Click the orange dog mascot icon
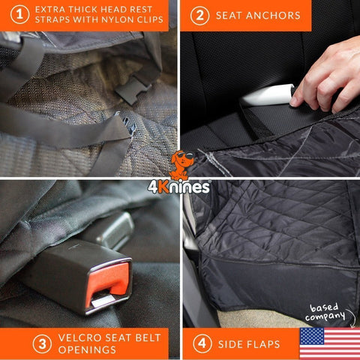178,164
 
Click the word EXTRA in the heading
54,10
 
